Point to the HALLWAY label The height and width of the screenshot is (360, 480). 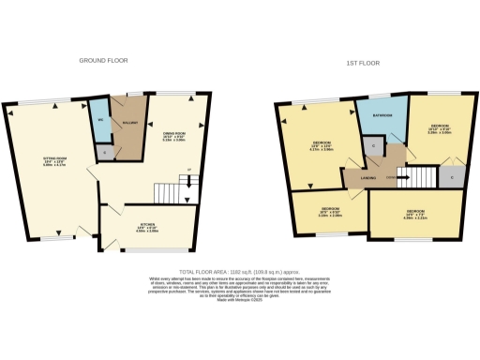click(x=124, y=123)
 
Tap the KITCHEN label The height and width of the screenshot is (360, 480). click(x=147, y=226)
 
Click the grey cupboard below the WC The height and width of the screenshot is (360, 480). click(x=104, y=152)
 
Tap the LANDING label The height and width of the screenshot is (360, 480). click(x=356, y=175)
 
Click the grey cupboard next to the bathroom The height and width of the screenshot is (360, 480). click(x=372, y=146)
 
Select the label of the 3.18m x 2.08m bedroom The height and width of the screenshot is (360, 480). click(x=329, y=211)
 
